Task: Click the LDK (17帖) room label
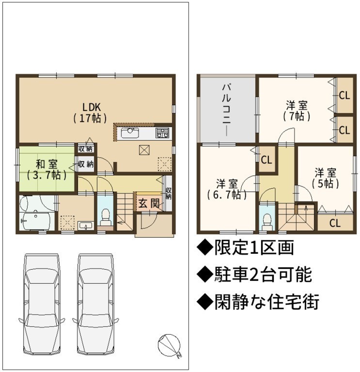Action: pos(90,113)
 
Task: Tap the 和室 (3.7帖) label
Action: pos(47,170)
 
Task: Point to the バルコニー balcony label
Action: pos(226,110)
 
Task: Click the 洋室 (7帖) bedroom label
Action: pos(297,111)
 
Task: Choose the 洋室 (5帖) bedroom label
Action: pos(325,178)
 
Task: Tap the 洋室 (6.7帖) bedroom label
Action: pos(227,189)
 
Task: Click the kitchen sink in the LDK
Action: pos(130,133)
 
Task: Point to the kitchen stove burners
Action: pos(162,133)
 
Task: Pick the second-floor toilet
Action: pos(267,221)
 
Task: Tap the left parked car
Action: pos(42,305)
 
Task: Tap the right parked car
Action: pos(95,305)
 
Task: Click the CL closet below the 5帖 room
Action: pos(335,223)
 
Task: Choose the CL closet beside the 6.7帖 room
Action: pos(266,160)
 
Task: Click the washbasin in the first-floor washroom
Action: pos(86,225)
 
